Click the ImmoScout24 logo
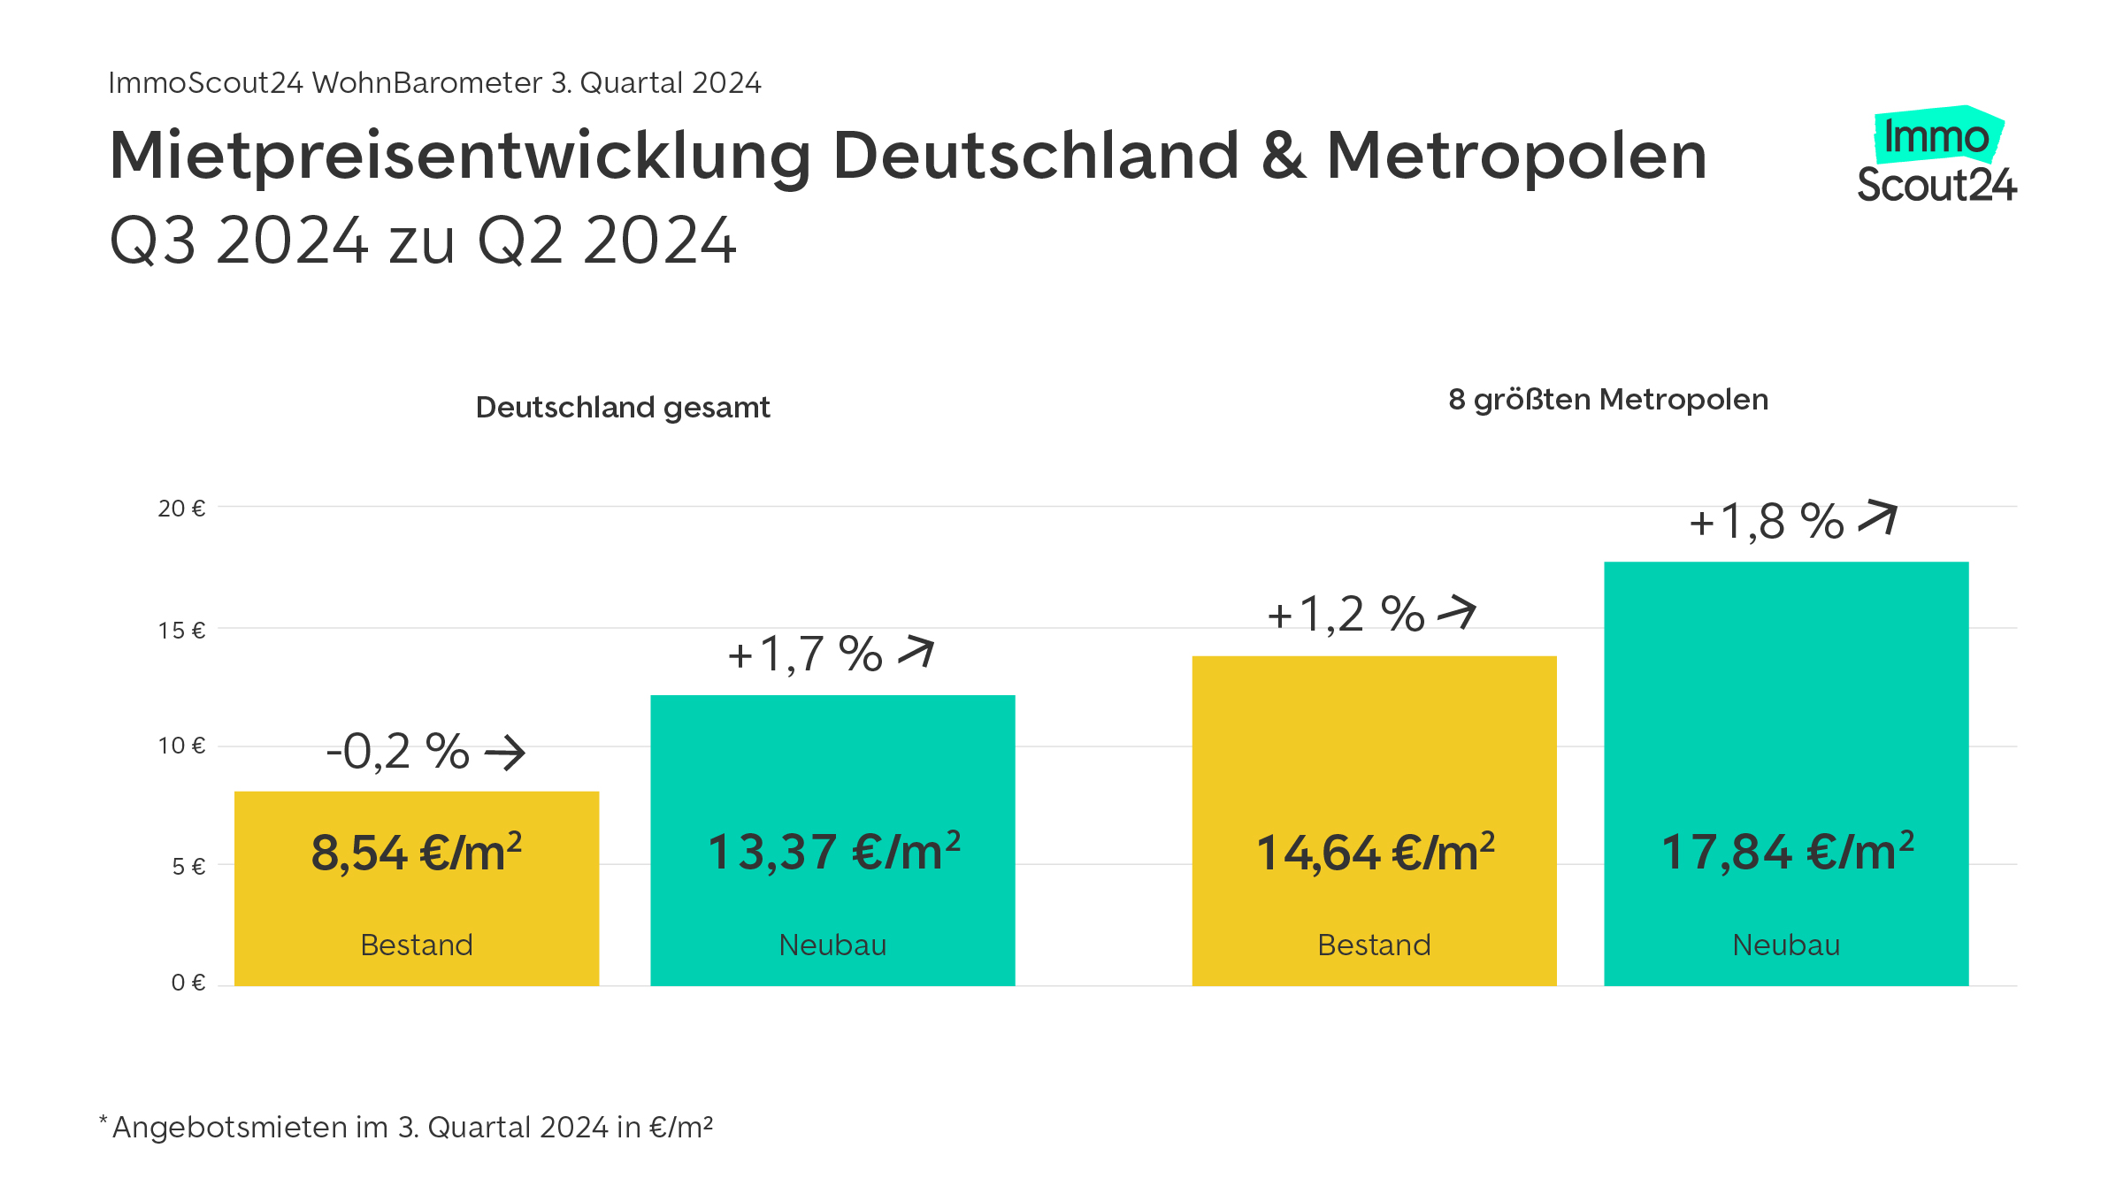[1936, 157]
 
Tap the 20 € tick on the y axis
[181, 509]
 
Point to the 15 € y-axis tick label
[181, 631]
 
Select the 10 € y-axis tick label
[181, 746]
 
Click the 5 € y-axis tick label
[188, 866]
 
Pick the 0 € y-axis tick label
[188, 983]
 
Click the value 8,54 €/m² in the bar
[417, 853]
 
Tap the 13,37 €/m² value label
[833, 853]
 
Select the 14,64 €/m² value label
[1375, 853]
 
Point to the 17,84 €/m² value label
[1787, 853]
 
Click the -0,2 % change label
[398, 753]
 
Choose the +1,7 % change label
[805, 655]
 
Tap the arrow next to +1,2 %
[1457, 611]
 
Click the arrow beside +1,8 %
[1878, 517]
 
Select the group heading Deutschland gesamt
[623, 408]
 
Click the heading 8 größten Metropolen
[1608, 400]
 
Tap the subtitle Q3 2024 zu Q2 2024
[423, 241]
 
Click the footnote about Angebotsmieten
[407, 1128]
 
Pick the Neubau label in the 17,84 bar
[1786, 945]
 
